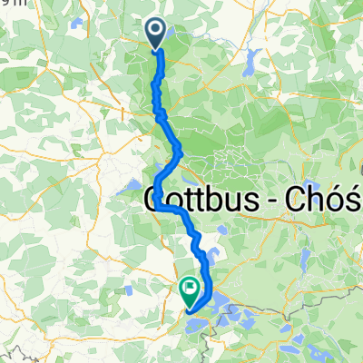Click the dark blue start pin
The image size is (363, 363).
point(155,34)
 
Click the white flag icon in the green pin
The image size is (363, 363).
point(191,289)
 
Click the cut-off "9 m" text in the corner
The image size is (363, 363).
point(8,4)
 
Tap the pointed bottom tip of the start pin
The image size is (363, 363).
point(155,49)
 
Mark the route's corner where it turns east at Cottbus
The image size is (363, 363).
point(160,208)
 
